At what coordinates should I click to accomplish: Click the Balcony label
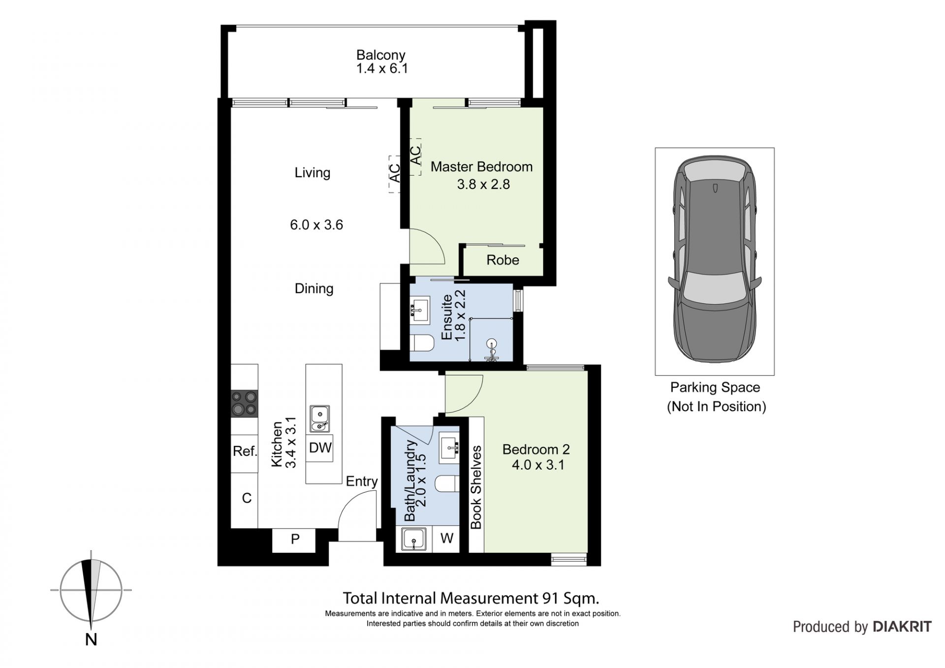click(380, 55)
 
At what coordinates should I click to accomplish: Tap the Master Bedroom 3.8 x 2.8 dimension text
click(483, 185)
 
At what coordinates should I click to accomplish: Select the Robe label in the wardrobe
click(503, 260)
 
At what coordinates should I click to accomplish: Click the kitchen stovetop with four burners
click(244, 403)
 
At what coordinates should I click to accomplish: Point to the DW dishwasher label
click(320, 448)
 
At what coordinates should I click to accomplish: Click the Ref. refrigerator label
click(245, 451)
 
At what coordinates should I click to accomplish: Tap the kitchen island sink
click(320, 419)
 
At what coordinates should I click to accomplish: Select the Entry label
click(361, 481)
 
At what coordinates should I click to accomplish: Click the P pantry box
click(294, 540)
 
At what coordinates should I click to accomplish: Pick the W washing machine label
click(446, 539)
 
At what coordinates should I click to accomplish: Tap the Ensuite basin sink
click(419, 310)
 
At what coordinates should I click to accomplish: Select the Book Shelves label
click(476, 487)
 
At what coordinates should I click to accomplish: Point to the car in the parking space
click(714, 261)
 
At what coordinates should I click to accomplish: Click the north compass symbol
click(91, 590)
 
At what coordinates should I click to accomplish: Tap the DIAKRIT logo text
click(902, 627)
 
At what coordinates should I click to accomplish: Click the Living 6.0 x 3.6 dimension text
click(316, 225)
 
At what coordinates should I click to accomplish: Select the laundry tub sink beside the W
click(414, 539)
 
